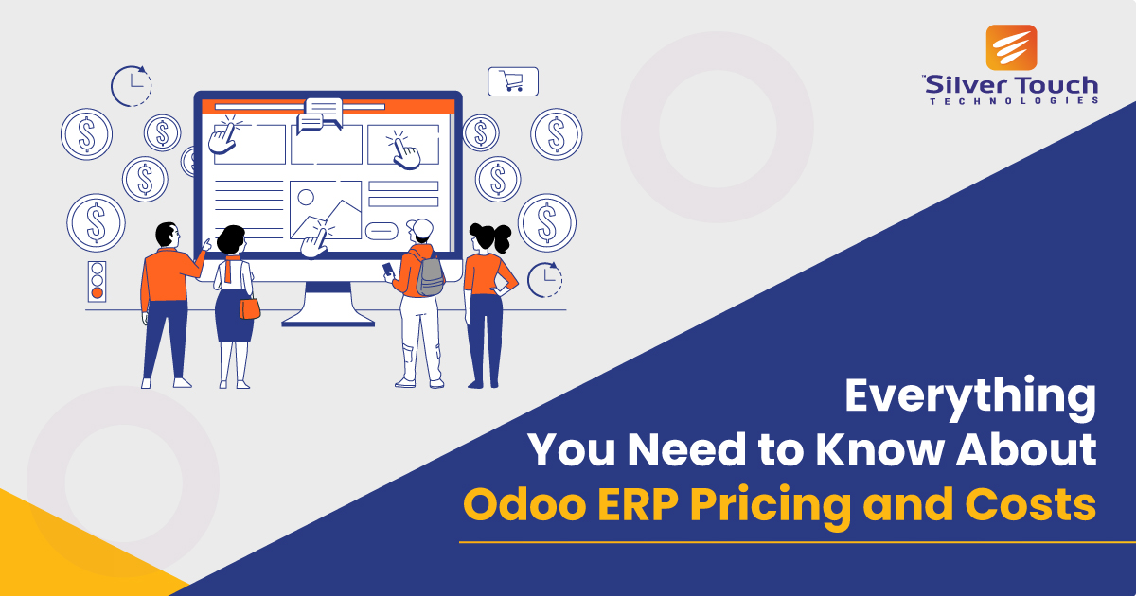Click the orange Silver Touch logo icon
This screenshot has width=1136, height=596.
(1011, 48)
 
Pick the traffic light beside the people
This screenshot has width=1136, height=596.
(96, 281)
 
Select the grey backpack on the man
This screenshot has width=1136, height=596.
(430, 275)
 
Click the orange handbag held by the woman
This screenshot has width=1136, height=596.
(249, 307)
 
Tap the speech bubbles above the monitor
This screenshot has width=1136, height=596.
(318, 114)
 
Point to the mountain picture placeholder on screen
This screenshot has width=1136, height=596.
(325, 209)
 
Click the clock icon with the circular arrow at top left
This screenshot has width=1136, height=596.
(131, 85)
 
